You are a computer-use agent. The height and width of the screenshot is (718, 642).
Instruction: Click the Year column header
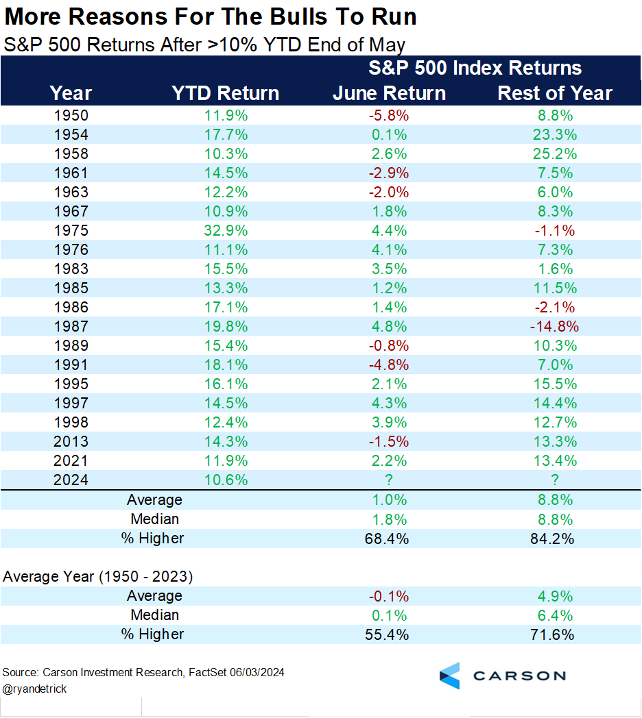point(71,93)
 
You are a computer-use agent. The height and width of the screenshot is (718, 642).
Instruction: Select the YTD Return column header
point(225,93)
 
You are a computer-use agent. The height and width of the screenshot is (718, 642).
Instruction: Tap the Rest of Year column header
point(555,93)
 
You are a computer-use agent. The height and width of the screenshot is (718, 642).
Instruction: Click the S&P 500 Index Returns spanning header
point(475,68)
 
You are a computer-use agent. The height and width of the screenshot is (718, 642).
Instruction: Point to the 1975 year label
point(71,230)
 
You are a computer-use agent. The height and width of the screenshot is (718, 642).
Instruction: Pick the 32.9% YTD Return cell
point(225,230)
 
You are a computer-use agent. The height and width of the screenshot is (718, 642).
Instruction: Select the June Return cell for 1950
point(389,115)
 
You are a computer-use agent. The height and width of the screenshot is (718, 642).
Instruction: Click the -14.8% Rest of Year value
point(555,326)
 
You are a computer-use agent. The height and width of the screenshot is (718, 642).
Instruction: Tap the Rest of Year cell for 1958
point(555,153)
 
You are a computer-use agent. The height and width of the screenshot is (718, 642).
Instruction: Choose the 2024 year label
point(71,480)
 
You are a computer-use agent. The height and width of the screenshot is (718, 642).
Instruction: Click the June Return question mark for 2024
point(389,480)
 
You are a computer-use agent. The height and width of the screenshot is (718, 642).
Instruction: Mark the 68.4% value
point(389,538)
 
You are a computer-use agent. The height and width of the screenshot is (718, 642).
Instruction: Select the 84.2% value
point(555,538)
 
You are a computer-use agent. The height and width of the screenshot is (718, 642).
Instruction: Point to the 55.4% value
point(389,634)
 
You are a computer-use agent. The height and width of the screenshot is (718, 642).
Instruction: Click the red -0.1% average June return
point(389,596)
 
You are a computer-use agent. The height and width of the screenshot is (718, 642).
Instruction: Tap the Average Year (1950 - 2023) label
point(98,577)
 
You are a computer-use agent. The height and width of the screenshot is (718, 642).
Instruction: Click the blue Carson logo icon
point(450,676)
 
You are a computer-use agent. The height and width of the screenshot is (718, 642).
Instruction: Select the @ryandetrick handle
point(35,689)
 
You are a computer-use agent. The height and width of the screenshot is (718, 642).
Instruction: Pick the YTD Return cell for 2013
point(225,441)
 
